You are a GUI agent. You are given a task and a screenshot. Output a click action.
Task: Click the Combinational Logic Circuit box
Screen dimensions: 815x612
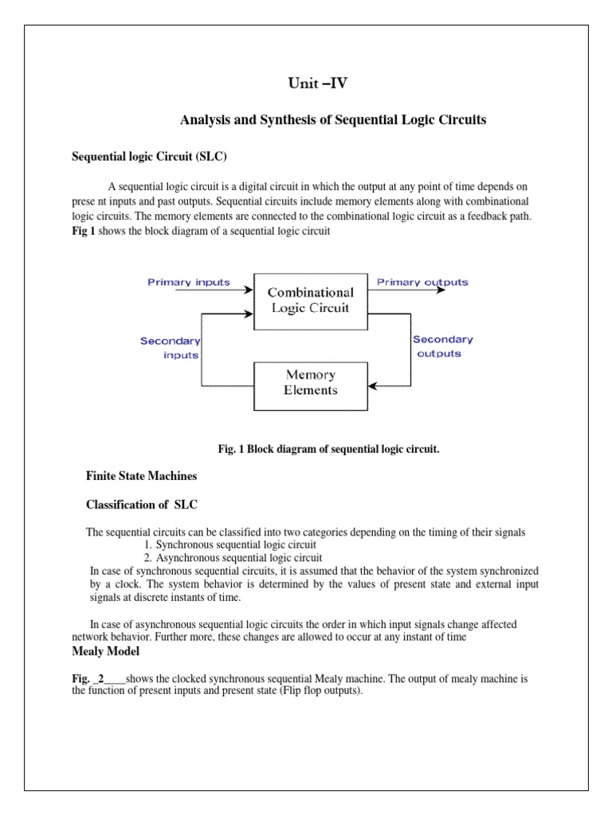click(x=310, y=301)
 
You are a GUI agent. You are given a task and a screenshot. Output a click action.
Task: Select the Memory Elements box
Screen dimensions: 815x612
click(x=310, y=383)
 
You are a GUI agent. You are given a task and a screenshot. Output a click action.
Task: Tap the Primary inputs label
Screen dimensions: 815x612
click(x=189, y=282)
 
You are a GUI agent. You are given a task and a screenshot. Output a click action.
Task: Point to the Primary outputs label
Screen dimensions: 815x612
click(x=422, y=282)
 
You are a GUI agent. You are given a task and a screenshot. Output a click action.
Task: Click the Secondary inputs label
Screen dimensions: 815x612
click(x=171, y=348)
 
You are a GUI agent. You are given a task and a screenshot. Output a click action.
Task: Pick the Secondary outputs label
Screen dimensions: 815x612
click(x=441, y=346)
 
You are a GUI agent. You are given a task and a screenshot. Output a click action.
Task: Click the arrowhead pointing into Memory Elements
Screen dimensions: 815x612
click(x=373, y=388)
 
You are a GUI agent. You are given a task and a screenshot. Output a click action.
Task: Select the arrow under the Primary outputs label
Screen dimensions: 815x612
click(x=406, y=291)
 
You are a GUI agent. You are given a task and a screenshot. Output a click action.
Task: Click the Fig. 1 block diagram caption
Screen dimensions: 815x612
click(x=328, y=449)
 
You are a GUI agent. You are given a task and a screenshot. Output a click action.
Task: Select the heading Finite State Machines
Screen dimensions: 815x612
click(x=141, y=476)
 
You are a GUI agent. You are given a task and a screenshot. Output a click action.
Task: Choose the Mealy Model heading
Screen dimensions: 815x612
click(x=105, y=652)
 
